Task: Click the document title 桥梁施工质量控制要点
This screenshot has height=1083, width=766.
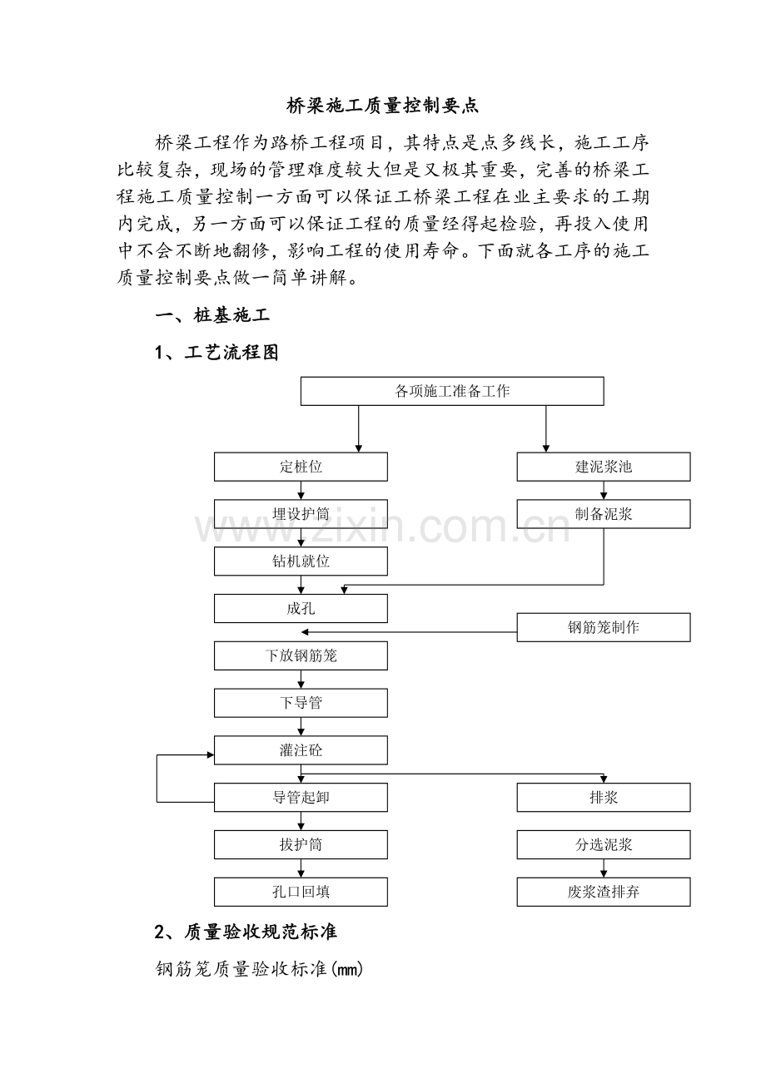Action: (383, 106)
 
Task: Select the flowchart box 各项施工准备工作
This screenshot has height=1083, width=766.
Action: (452, 391)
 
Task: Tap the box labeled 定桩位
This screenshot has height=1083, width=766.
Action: (301, 467)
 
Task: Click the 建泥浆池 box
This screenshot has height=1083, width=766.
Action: (604, 467)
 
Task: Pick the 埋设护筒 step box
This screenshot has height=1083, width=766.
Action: (301, 514)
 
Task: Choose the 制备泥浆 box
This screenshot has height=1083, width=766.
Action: (604, 514)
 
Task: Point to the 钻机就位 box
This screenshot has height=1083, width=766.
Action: (301, 561)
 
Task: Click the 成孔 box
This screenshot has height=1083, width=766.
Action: (301, 609)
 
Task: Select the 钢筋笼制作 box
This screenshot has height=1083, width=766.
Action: (604, 627)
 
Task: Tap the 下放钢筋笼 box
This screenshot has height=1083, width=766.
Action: (301, 655)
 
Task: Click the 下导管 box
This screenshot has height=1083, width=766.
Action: (301, 703)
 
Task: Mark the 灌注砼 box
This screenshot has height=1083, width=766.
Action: (301, 750)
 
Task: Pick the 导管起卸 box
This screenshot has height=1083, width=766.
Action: (301, 798)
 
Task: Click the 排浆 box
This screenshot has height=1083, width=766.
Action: (604, 798)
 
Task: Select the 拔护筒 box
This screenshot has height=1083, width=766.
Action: (301, 845)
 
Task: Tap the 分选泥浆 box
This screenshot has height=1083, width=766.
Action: (604, 845)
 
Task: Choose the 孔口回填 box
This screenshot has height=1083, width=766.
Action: (301, 893)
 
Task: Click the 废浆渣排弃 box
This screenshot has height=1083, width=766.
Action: (604, 893)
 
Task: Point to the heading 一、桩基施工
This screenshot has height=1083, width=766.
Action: (212, 316)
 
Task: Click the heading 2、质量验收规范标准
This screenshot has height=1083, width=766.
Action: (246, 932)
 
